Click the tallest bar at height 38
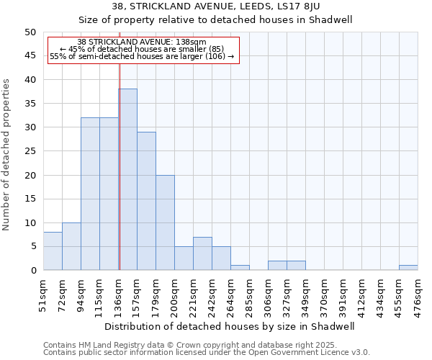tap(127, 179)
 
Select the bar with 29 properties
tap(146, 201)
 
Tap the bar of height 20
tap(165, 222)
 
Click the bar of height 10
tap(71, 246)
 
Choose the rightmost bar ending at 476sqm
tap(408, 268)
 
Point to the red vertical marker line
tap(120, 166)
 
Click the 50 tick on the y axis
tap(30, 32)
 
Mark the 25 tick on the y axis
tap(30, 151)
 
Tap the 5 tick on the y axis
tap(32, 246)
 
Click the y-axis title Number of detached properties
tap(7, 155)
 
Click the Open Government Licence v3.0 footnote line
tap(207, 353)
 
